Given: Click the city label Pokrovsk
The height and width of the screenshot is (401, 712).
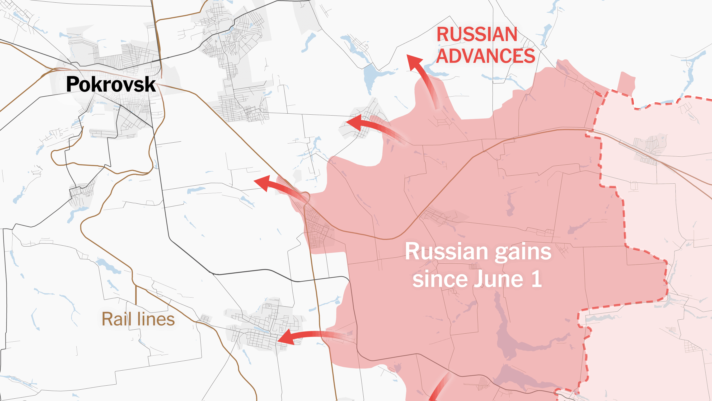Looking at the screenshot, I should pyautogui.click(x=111, y=84).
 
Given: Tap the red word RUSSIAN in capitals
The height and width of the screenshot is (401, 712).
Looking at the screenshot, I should pyautogui.click(x=477, y=35).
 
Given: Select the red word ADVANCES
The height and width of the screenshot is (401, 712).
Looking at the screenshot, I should pyautogui.click(x=485, y=56).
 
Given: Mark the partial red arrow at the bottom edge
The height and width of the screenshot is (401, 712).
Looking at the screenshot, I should pyautogui.click(x=440, y=390).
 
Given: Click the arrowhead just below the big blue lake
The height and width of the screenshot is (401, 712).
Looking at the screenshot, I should pyautogui.click(x=354, y=122).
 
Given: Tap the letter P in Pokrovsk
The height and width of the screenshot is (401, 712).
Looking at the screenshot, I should pyautogui.click(x=72, y=84).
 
